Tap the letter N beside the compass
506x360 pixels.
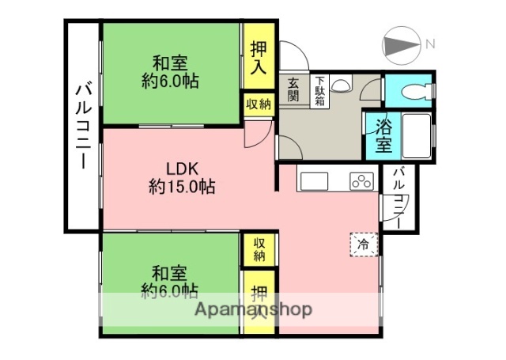click(x=430, y=44)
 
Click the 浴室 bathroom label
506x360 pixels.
click(x=383, y=135)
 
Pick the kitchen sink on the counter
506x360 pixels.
click(x=313, y=180)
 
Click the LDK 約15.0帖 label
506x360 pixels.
click(x=182, y=177)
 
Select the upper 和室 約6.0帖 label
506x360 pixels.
click(x=170, y=71)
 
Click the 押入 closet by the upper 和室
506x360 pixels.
click(x=259, y=57)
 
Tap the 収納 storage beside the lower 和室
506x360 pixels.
click(x=259, y=249)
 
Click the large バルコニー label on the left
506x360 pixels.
click(x=81, y=127)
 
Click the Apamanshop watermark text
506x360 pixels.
click(x=253, y=309)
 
